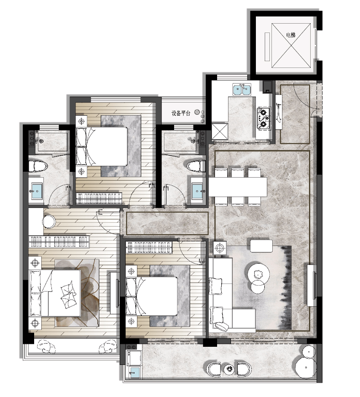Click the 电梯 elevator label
[291, 35]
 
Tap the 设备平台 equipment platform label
[181, 113]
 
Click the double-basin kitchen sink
[242, 90]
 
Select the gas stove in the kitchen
[264, 118]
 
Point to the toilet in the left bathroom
[38, 166]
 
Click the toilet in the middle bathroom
[196, 166]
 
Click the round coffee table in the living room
[258, 274]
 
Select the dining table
[238, 187]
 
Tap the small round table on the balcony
[230, 369]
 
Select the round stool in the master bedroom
[49, 221]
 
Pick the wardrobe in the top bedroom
[99, 198]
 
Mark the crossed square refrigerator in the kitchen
[220, 131]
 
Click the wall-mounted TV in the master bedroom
[117, 293]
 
